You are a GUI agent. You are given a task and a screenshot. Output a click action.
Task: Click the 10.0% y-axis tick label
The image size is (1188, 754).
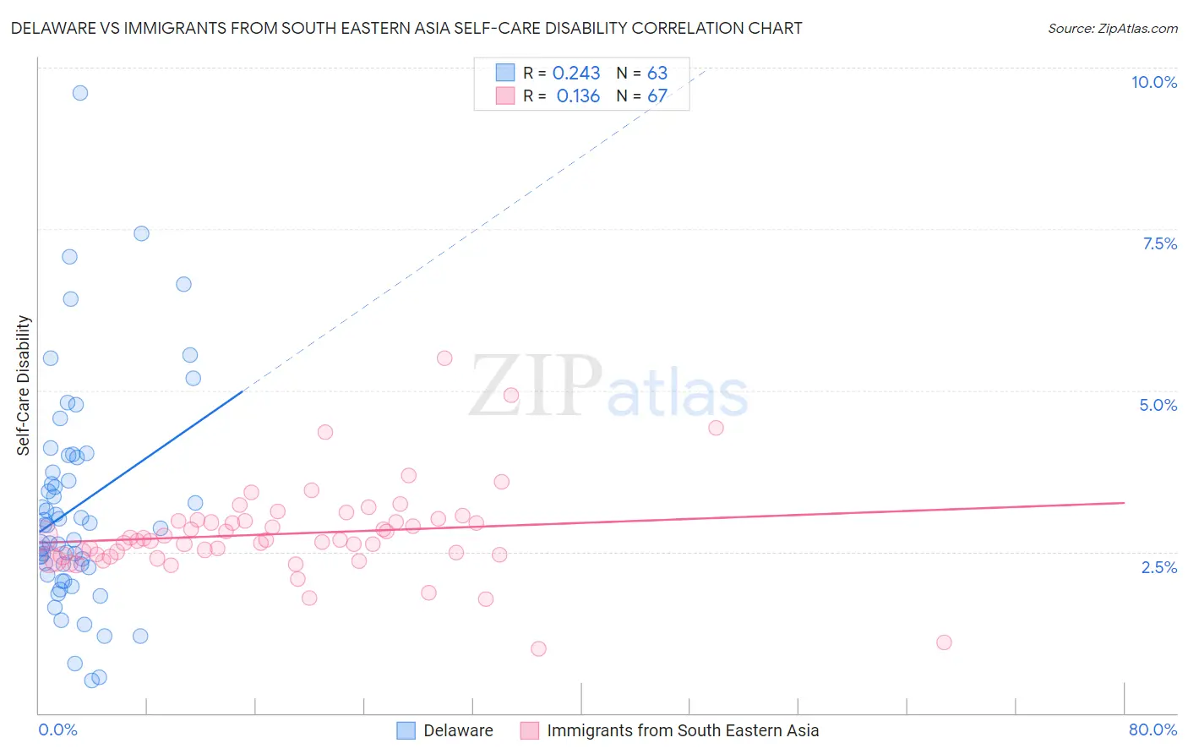pyautogui.click(x=1153, y=82)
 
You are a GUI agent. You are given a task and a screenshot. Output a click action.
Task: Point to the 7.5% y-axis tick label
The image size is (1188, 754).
pyautogui.click(x=1159, y=243)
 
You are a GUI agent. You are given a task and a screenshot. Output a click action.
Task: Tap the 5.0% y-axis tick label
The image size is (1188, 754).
pyautogui.click(x=1158, y=405)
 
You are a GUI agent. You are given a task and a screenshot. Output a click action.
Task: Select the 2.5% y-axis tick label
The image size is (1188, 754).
pyautogui.click(x=1158, y=567)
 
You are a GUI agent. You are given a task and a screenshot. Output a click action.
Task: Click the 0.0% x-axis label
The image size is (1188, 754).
pyautogui.click(x=57, y=729)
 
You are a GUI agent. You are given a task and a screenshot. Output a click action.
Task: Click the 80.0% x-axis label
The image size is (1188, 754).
pyautogui.click(x=1153, y=729)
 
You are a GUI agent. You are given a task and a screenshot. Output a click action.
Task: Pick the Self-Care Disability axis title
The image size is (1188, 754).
pyautogui.click(x=24, y=385)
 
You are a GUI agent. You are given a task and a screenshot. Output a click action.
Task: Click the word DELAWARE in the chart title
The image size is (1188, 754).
pyautogui.click(x=54, y=28)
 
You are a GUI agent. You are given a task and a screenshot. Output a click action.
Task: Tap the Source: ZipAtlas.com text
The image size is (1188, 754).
pyautogui.click(x=1112, y=28)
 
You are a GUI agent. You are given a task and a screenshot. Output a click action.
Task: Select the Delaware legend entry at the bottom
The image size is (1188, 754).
pyautogui.click(x=445, y=730)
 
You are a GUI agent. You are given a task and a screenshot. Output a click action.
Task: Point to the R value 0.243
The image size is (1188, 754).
pyautogui.click(x=576, y=74)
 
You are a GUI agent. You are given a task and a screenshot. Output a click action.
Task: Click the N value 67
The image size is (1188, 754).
pyautogui.click(x=657, y=96)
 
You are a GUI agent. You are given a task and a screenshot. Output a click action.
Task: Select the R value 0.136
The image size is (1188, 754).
pyautogui.click(x=578, y=96)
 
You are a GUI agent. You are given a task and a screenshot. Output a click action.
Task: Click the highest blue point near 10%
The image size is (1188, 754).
pyautogui.click(x=80, y=93)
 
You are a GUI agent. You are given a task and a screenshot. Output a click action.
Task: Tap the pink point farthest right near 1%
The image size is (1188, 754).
pyautogui.click(x=944, y=642)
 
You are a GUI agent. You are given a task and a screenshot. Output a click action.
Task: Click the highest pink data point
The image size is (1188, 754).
pyautogui.click(x=444, y=358)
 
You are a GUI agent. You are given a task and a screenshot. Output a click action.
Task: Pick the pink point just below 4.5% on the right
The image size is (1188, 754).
pyautogui.click(x=716, y=428)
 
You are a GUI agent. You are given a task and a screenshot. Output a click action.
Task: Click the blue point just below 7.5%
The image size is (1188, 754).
pyautogui.click(x=141, y=233)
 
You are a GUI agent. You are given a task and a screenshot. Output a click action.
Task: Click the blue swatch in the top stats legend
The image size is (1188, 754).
pyautogui.click(x=505, y=73)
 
